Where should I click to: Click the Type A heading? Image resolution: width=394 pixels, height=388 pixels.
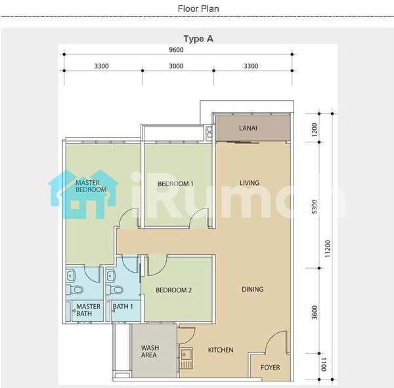point(198,39)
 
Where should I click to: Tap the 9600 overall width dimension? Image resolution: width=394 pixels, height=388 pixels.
point(176,50)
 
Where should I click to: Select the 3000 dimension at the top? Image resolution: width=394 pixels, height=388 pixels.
point(176,66)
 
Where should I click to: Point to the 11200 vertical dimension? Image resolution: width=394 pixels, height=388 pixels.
point(327,248)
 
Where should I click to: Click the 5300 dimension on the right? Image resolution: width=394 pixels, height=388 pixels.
point(315,206)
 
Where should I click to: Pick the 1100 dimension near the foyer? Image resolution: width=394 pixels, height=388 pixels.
point(324,364)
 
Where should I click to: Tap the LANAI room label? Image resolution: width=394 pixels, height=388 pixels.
point(248,128)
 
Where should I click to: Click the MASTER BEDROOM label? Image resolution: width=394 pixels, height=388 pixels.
point(91,186)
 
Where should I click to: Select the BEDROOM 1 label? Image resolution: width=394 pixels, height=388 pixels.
point(175,184)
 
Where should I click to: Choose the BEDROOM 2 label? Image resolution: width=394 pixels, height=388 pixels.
point(173,290)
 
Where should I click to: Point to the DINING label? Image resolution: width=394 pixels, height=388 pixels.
point(253,290)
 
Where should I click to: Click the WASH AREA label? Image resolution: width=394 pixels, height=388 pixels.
point(150,351)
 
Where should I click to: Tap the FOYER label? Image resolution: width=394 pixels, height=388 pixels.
point(270,368)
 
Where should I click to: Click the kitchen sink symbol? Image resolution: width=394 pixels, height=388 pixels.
point(186,358)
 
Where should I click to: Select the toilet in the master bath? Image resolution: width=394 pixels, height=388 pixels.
point(75,290)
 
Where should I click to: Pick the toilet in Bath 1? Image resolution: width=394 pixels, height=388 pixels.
point(114,290)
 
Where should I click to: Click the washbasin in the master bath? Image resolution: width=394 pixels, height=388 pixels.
point(71,276)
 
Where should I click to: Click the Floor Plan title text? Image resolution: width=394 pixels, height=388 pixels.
point(198,9)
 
